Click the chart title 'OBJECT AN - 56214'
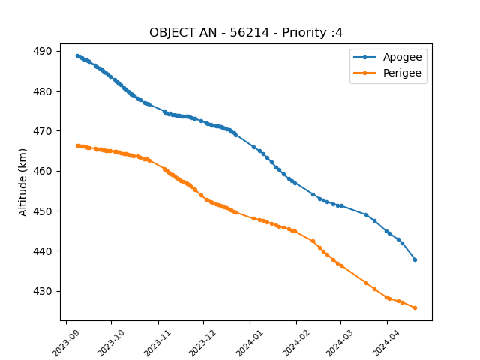[209, 32]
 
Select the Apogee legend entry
[388, 57]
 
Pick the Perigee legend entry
[387, 73]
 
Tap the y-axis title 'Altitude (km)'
[22, 182]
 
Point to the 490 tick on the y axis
[43, 51]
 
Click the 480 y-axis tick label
[43, 91]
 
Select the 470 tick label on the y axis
[43, 131]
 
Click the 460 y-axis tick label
[43, 171]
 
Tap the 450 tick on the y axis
[43, 211]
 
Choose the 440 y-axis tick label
[43, 251]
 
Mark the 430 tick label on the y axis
[43, 291]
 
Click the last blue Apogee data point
[415, 260]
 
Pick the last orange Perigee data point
[415, 308]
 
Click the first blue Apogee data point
[77, 56]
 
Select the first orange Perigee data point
[77, 146]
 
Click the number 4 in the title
[339, 32]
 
